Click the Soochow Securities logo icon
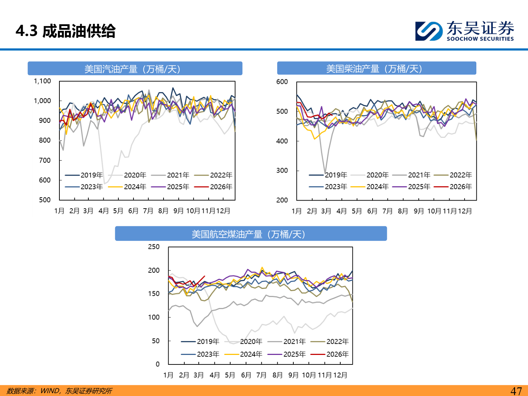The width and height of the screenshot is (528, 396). coord(429,31)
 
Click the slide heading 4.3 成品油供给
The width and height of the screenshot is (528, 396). coord(66,31)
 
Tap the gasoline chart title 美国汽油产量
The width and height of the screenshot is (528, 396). coord(132,69)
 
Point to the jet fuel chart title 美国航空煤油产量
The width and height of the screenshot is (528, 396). coord(249,234)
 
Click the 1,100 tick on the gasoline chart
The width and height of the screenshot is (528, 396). coord(43,81)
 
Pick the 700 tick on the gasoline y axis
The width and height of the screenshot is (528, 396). coord(45,160)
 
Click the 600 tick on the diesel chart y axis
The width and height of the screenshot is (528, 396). coord(282,82)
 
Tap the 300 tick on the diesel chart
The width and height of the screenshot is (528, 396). coord(282,170)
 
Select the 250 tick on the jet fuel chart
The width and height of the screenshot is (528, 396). coord(154,247)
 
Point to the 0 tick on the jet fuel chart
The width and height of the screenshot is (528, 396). coord(158,364)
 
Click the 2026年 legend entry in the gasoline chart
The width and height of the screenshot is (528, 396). coord(221,187)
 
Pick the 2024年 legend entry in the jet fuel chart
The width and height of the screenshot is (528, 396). coord(251,354)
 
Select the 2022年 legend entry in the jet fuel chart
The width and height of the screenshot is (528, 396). coord(337,341)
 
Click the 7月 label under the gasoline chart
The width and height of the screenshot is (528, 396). coord(148,211)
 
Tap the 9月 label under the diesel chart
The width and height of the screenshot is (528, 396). coord(419,211)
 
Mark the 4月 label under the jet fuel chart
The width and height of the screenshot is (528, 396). coord(214,375)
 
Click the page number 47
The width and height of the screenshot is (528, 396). coord(516,391)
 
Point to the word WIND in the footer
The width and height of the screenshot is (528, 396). coord(49,391)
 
